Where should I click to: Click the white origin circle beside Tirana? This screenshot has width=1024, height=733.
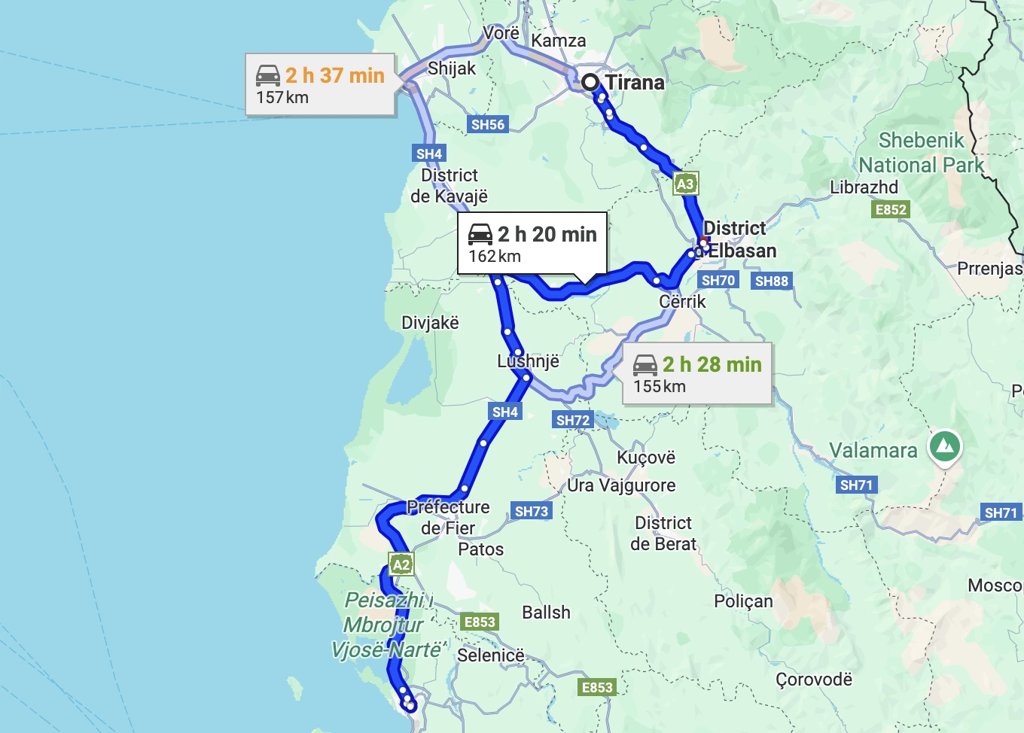590,82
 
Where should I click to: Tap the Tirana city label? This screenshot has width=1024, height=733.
635,83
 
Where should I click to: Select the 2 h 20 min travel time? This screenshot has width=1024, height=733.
547,235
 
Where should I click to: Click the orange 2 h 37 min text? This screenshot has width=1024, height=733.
335,75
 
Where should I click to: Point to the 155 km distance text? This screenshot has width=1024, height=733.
660,387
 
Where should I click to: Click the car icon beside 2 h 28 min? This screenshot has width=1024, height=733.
645,365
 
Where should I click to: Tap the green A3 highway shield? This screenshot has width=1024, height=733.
685,184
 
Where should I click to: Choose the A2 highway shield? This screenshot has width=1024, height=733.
401,564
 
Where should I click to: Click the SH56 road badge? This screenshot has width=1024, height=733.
488,125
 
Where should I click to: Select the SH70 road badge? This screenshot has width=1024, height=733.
718,281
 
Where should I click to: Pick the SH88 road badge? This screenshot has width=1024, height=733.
772,281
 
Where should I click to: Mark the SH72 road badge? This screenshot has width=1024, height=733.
573,421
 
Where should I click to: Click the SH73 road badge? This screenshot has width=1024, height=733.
532,512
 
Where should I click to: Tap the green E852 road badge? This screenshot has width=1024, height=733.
891,210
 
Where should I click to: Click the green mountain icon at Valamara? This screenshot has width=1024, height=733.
945,446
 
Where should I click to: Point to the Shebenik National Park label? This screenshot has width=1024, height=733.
922,153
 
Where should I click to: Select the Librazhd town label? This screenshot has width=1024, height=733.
864,187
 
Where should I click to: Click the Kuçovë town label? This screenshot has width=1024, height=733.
646,458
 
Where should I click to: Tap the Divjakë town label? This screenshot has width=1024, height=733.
430,323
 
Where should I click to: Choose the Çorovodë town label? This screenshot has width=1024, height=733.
814,680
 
